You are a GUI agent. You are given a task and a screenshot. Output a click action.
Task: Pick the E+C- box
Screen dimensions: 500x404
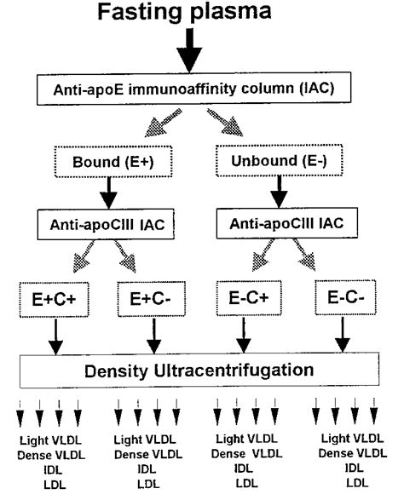[156, 298]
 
